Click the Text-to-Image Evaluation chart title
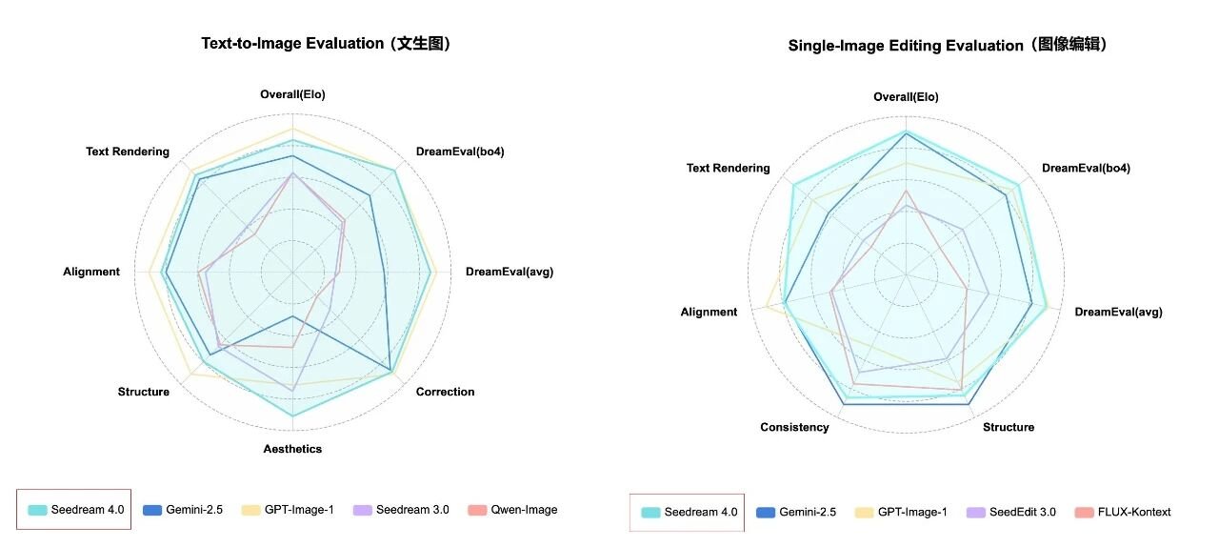(326, 44)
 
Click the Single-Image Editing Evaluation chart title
(949, 46)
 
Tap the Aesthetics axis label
(292, 449)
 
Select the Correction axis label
(445, 392)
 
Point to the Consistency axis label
(794, 427)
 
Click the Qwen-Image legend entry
(524, 510)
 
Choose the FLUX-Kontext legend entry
(1134, 512)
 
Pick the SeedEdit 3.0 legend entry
(1022, 512)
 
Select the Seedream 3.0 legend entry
(411, 510)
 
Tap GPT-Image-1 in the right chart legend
(912, 512)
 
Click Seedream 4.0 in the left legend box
(90, 510)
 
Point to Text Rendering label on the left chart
(128, 152)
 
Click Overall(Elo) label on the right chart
(906, 97)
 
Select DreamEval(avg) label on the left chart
(509, 272)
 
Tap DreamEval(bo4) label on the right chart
(1086, 169)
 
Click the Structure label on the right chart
(1009, 427)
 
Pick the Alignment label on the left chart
(91, 272)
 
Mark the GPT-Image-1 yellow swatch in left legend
(251, 510)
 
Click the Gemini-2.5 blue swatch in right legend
(766, 512)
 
